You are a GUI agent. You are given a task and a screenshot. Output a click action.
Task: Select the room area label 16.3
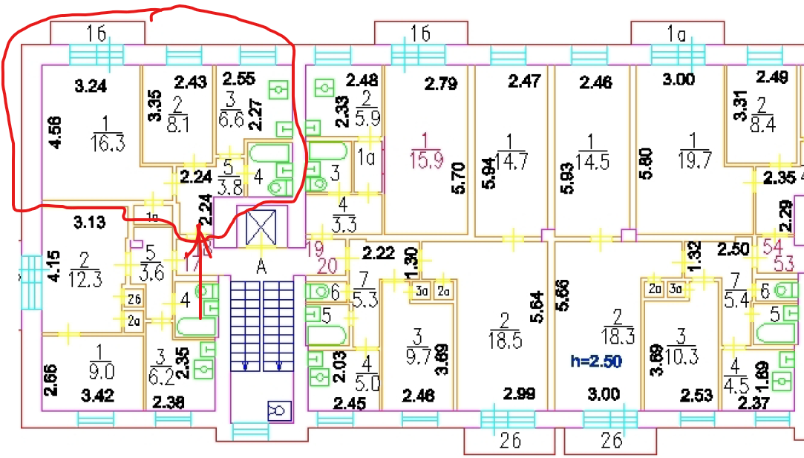(108, 143)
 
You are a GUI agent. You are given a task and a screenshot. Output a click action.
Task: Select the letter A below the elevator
(261, 265)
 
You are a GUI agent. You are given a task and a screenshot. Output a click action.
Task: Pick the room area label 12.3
(85, 283)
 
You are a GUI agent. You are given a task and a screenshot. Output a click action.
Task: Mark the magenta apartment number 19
(316, 249)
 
